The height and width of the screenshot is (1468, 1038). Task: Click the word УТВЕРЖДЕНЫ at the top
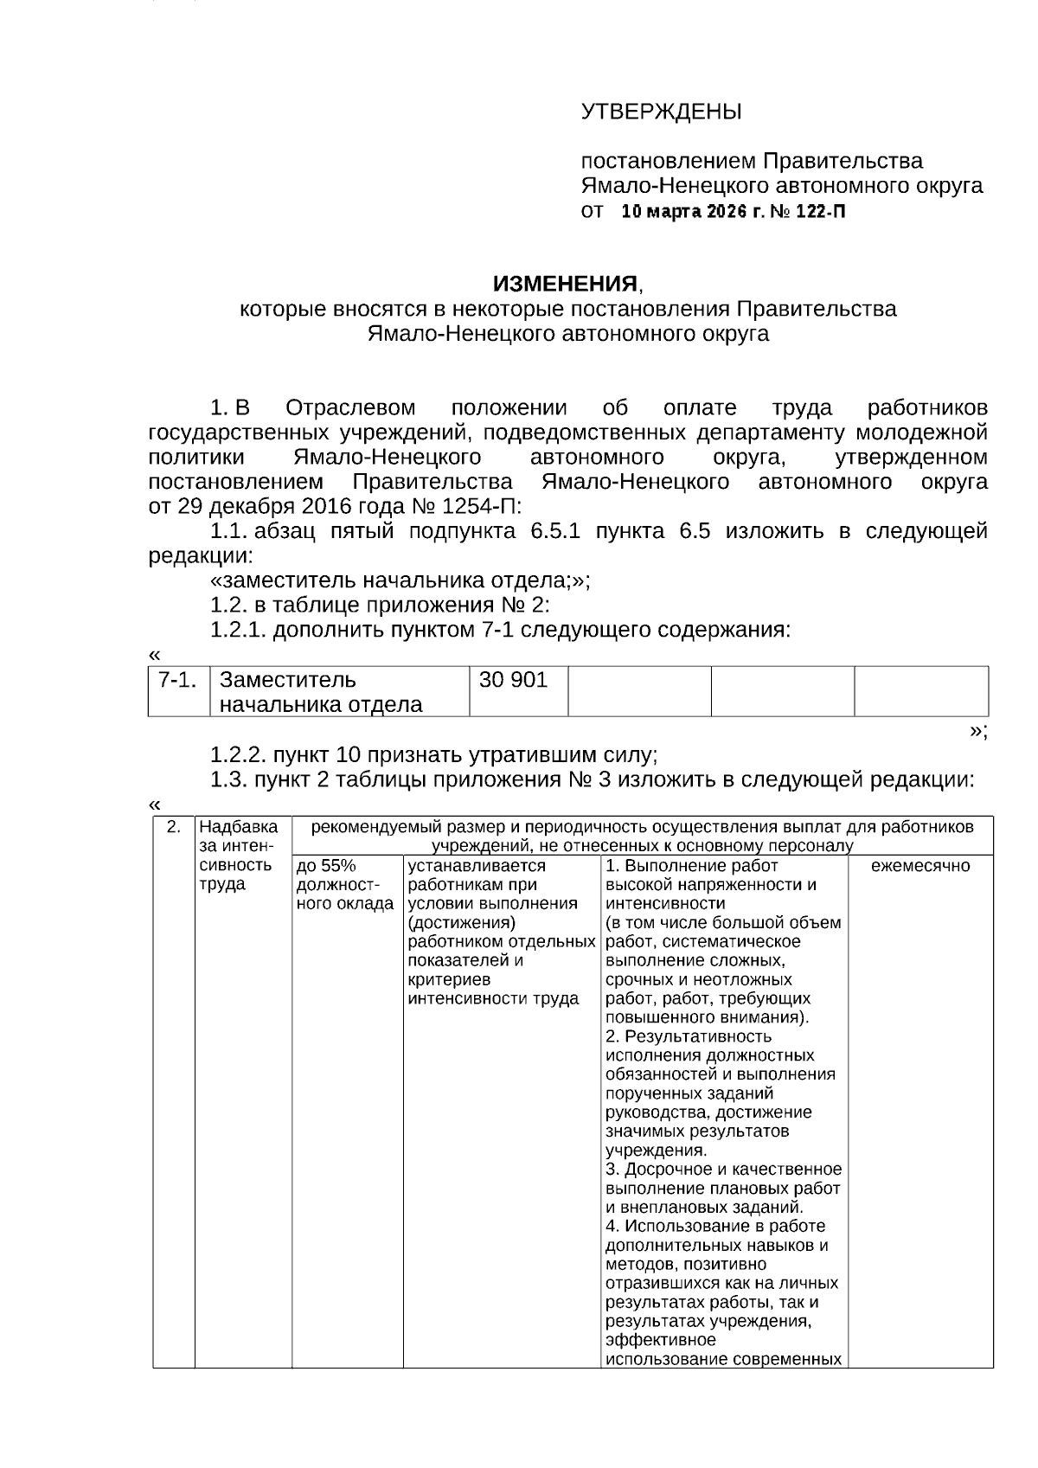point(661,112)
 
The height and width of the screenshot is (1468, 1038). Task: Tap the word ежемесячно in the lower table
point(920,866)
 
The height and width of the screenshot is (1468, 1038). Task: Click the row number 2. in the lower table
point(174,827)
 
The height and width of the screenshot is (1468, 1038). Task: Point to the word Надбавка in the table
point(239,827)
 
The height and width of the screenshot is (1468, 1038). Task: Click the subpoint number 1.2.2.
point(239,755)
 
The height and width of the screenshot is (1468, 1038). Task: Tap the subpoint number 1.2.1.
point(239,630)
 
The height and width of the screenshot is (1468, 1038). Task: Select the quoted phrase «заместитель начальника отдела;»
point(400,580)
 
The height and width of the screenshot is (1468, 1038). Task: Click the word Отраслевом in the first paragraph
point(350,408)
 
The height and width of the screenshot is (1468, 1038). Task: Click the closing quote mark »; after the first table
point(977,731)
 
